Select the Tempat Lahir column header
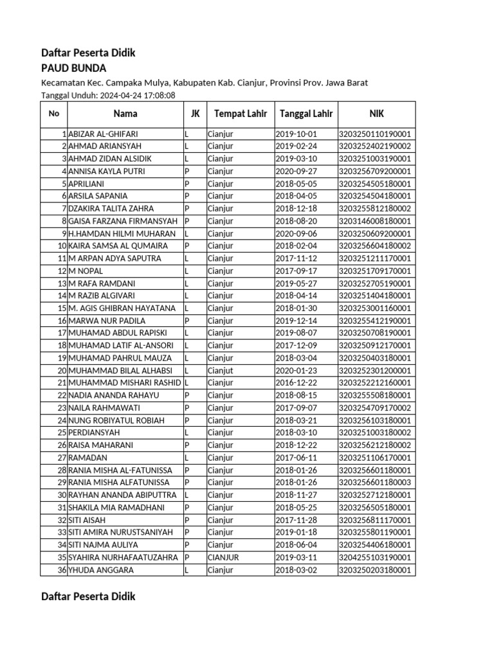(x=240, y=114)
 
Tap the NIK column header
(x=376, y=114)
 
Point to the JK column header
(x=195, y=114)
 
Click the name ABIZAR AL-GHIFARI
(x=103, y=134)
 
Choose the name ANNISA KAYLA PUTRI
(x=107, y=172)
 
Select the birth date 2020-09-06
(x=297, y=233)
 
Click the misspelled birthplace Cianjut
(x=221, y=371)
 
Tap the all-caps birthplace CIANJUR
(x=223, y=558)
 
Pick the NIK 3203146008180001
(x=376, y=221)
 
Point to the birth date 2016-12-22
(x=297, y=383)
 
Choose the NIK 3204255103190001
(x=376, y=558)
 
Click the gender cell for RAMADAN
(x=187, y=458)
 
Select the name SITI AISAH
(x=87, y=520)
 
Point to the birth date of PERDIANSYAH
(x=297, y=433)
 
